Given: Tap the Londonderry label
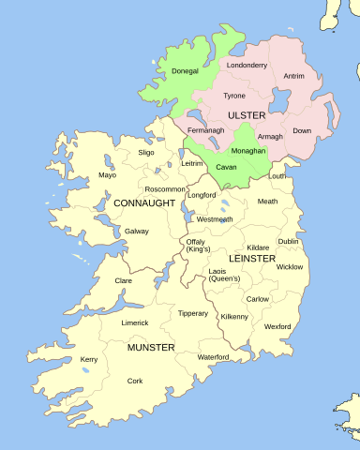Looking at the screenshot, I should point(247,66).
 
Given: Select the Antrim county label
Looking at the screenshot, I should point(294,76).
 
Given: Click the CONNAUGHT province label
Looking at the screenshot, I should point(144,202).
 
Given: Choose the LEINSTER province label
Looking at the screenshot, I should point(252,258).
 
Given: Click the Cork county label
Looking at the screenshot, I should point(135,381).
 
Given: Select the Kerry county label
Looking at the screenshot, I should point(89,359).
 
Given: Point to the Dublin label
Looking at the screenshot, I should point(289,241).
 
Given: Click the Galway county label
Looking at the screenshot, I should point(136,231).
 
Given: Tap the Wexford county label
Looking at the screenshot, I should point(277,326).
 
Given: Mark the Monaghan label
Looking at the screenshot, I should point(248,150).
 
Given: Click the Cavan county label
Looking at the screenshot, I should point(226,167).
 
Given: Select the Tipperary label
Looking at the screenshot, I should point(193,313).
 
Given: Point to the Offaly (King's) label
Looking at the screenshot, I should point(198,246).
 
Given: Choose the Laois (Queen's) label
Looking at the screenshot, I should point(224,274).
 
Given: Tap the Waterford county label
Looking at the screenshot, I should point(213,357).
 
